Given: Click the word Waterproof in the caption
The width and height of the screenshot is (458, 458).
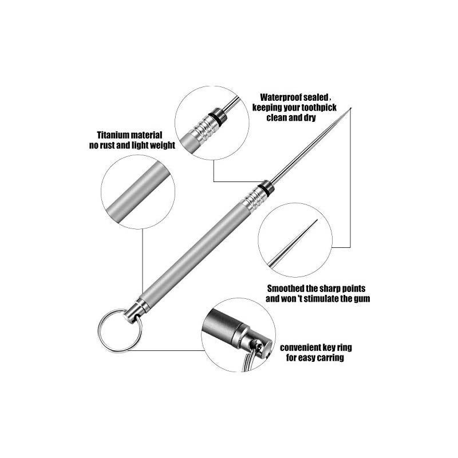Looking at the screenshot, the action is coord(280,97).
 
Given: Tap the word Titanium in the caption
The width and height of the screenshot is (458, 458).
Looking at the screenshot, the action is coord(113,135).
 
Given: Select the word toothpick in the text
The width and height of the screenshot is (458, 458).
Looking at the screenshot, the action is coord(319,108).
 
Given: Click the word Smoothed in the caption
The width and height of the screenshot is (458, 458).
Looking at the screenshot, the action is coord(286,289).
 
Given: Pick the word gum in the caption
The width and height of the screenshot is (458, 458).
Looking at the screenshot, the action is coord(362,299).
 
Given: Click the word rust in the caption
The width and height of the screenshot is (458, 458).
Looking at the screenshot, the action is coord(107,145).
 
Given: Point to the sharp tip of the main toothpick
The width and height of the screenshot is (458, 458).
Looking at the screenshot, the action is coord(350,108).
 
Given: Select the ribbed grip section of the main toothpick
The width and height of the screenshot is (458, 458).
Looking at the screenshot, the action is coord(252,198).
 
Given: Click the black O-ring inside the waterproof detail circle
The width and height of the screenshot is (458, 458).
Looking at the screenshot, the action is coord(216,119).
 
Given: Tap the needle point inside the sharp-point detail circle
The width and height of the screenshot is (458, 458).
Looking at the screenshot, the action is coord(317,220).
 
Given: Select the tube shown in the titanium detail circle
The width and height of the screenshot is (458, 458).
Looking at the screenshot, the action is coord(138,191).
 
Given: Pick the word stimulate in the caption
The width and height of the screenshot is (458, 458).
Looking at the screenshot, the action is coord(322,299).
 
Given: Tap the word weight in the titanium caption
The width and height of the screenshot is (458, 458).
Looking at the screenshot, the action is coord(162,145).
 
